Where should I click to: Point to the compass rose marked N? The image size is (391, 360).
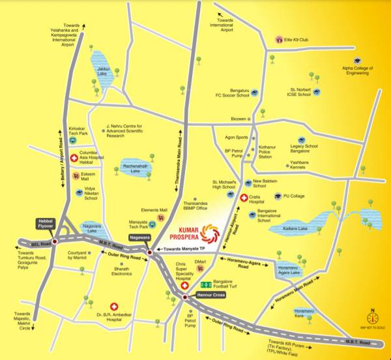tap(373, 318)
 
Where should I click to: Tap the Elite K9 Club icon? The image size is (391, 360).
tap(279, 40)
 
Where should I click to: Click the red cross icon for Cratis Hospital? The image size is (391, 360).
tap(244, 198)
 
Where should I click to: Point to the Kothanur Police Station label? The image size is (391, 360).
tap(269, 153)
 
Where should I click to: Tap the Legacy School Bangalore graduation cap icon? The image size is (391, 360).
tap(302, 140)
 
